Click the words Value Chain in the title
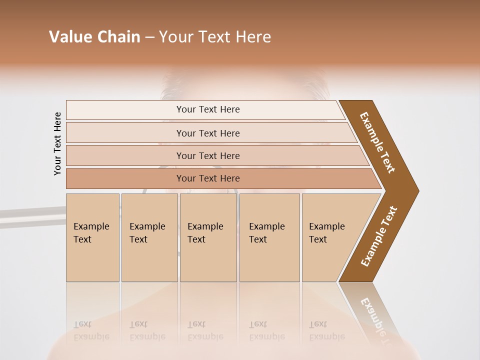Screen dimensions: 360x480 94,37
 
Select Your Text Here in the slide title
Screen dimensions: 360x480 215,37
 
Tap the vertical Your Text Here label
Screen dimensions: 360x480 57,143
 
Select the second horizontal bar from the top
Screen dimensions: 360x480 208,133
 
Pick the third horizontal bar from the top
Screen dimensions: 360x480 208,155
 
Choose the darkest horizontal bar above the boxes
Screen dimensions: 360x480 208,178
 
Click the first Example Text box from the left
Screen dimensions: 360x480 92,237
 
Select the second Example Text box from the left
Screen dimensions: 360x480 149,237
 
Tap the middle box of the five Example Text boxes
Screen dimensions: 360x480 208,237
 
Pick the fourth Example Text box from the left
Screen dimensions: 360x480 269,237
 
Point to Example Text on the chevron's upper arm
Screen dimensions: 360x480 377,142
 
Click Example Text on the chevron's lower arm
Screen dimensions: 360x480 378,236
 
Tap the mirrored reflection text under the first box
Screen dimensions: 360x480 91,330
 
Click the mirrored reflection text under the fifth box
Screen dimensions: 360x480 327,330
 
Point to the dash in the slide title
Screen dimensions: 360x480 149,37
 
